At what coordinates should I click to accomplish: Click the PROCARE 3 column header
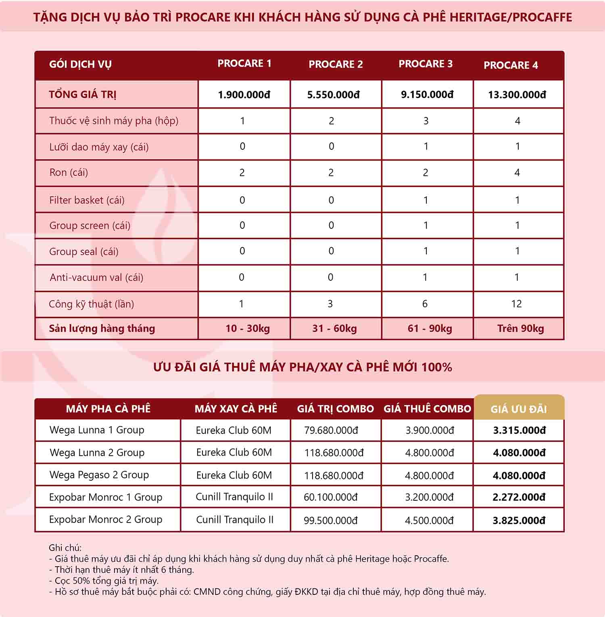[426, 64]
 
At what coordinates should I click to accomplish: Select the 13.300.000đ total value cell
[517, 95]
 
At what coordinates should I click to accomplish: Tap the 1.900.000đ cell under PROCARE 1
[244, 95]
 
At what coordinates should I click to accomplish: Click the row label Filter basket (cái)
[87, 200]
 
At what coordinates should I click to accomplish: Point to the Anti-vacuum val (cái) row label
[96, 278]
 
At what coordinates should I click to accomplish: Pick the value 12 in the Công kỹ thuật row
[516, 304]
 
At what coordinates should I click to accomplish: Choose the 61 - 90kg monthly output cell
[430, 328]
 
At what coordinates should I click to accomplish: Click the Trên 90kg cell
[520, 328]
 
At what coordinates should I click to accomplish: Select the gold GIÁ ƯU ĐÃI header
[519, 409]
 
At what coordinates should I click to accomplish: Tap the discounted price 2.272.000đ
[519, 497]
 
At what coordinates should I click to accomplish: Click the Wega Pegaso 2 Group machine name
[99, 475]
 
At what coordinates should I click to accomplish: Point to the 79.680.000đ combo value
[331, 431]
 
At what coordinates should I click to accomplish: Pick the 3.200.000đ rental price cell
[429, 497]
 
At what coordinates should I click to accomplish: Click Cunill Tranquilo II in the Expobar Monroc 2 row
[235, 520]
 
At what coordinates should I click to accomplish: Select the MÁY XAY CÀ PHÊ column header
[236, 409]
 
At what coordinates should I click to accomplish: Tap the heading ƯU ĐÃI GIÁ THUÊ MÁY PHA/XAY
[302, 367]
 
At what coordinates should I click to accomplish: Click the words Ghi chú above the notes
[65, 548]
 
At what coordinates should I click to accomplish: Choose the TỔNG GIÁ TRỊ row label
[83, 95]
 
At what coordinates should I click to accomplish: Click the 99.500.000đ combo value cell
[331, 521]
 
